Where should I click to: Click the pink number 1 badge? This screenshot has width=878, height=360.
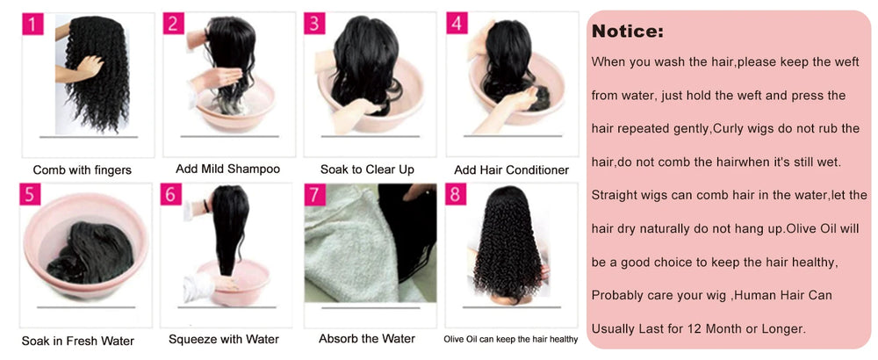click(x=33, y=24)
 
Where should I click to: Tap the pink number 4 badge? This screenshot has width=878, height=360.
click(x=457, y=23)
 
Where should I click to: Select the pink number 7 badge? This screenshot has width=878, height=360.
click(x=314, y=195)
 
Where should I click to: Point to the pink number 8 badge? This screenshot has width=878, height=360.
click(x=457, y=195)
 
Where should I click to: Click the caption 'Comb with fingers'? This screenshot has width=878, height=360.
click(x=83, y=170)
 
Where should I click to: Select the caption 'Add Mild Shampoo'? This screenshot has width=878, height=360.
click(x=228, y=169)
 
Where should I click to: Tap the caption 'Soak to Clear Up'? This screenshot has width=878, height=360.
click(x=367, y=169)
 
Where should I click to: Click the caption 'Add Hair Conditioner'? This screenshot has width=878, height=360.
click(x=511, y=169)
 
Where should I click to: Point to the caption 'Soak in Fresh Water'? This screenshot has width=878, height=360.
click(x=78, y=341)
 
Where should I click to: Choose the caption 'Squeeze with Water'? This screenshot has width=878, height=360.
click(x=224, y=339)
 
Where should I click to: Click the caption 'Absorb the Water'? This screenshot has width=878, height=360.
click(x=367, y=339)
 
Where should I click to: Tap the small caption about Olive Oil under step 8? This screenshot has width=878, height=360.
click(x=511, y=339)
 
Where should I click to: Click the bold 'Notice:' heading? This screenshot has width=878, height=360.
click(x=628, y=32)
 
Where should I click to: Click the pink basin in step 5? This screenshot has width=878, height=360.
click(x=84, y=246)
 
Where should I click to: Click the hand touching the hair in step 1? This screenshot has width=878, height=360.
click(x=84, y=68)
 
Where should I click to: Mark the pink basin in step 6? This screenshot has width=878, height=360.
click(x=234, y=281)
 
